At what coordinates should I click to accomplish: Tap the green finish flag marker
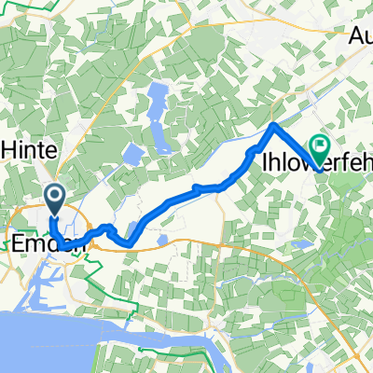(x=321, y=147)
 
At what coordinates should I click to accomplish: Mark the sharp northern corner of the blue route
(x=273, y=124)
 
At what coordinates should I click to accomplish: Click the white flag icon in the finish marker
(x=321, y=145)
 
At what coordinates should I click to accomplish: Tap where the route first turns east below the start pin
(x=56, y=234)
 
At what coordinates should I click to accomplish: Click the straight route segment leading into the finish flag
(x=297, y=147)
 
